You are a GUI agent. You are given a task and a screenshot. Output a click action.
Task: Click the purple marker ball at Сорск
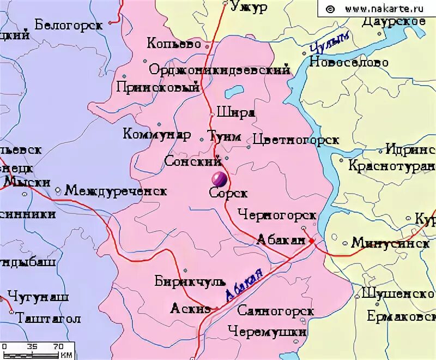pos(219,178)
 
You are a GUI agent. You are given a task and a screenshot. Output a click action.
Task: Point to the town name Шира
pos(235,112)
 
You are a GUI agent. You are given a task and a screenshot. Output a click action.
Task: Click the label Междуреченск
pos(116,191)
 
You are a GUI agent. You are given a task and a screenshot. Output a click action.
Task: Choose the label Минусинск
pos(390,243)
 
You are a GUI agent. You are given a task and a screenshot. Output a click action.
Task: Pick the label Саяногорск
pos(276,311)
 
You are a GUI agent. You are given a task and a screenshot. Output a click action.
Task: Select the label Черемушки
pos(267,331)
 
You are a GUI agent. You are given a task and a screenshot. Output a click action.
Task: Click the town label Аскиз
pos(190,309)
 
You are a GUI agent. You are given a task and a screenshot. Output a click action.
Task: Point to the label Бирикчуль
pos(190,282)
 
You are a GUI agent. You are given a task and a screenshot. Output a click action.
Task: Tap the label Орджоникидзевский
pos(219,70)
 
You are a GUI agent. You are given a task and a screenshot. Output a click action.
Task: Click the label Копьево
pos(174,44)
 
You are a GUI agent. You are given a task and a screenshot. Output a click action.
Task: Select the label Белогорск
pos(68,25)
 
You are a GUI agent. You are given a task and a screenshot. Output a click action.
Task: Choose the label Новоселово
pos(349,62)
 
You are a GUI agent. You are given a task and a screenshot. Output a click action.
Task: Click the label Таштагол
pos(49,318)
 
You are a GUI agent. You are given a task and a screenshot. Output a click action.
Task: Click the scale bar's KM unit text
pos(66,355)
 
